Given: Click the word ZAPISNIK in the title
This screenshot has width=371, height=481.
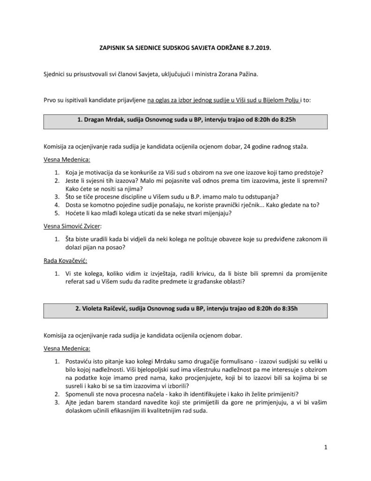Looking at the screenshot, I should click(114, 48).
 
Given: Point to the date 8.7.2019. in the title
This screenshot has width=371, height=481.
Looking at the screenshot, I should click(257, 48).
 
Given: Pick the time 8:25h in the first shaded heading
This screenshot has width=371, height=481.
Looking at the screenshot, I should click(285, 120).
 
